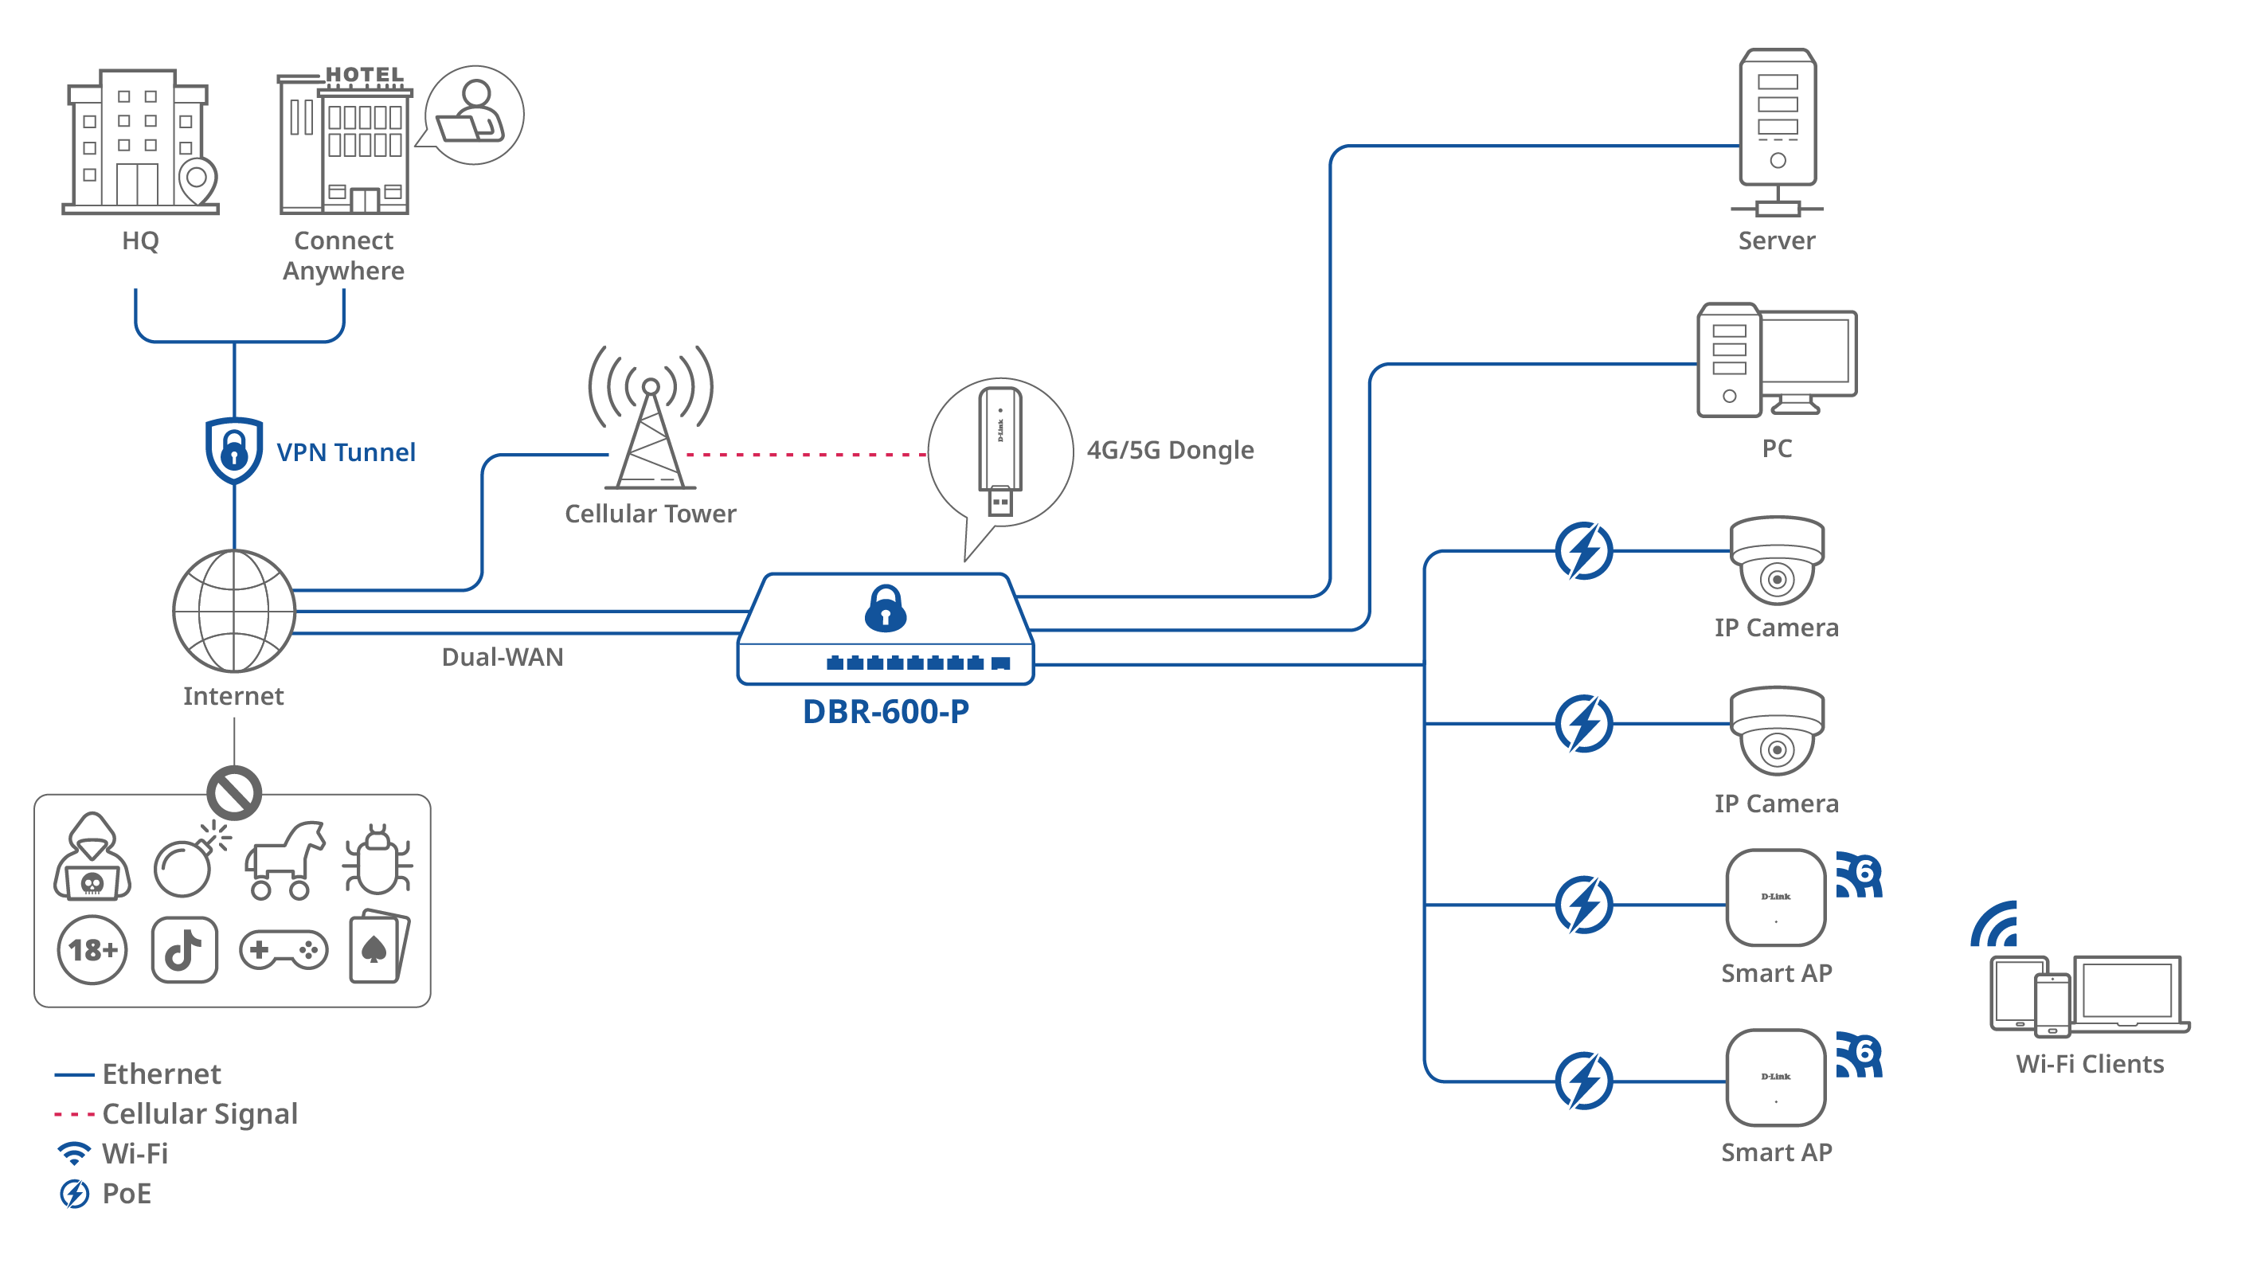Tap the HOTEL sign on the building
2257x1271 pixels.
point(365,76)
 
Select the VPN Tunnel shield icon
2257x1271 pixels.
point(234,451)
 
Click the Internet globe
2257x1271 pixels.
point(234,611)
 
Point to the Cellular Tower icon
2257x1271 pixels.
point(650,420)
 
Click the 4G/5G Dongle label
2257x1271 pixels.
point(1170,450)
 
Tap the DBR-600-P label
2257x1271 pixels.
point(886,711)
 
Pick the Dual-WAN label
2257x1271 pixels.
point(502,657)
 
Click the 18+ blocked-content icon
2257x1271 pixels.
point(92,949)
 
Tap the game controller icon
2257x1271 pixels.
point(283,949)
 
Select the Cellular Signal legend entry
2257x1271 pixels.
point(199,1113)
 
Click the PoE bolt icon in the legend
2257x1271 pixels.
point(75,1193)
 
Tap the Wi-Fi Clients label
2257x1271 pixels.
point(2090,1063)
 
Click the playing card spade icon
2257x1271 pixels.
point(377,948)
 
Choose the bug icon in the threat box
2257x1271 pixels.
point(377,860)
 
